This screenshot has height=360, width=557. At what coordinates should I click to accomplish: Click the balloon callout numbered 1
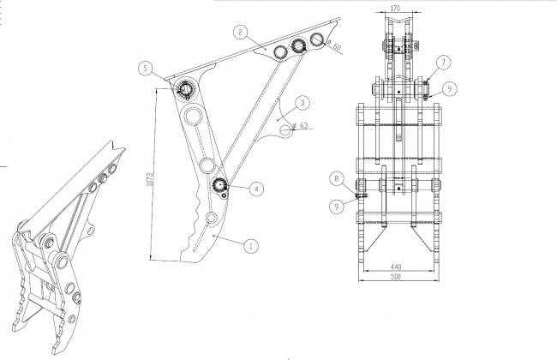coord(251,246)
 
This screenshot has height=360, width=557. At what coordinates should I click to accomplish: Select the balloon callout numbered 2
coord(241,33)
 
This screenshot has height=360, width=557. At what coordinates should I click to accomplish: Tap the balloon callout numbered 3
coord(302,103)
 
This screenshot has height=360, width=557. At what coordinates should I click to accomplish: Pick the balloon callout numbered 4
coord(257,189)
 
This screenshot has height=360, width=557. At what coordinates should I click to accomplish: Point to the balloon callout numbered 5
coord(146,68)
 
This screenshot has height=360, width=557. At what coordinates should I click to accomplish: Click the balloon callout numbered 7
coord(443,63)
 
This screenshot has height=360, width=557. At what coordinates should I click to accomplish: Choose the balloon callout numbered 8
coord(337,178)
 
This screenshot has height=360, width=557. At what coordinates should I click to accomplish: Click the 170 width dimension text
coord(395,9)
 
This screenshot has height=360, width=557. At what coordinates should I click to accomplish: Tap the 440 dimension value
coord(396,267)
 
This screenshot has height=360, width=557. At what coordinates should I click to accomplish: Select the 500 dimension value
coord(395,276)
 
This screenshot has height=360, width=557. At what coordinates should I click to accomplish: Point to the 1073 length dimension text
coord(150,179)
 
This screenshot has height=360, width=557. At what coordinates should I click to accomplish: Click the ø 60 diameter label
coord(334,45)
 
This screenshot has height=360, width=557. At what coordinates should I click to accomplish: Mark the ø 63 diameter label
coord(300,125)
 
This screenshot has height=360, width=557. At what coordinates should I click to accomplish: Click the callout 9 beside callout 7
coord(450,88)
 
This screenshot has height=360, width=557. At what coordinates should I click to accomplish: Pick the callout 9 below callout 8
coord(337,206)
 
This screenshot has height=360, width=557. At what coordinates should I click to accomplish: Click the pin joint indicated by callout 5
coord(186,87)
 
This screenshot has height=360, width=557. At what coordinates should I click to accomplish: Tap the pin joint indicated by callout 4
coord(220,185)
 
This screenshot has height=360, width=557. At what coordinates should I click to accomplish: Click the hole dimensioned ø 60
coord(316,39)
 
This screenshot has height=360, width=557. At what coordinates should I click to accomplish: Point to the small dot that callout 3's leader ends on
coord(278,120)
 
